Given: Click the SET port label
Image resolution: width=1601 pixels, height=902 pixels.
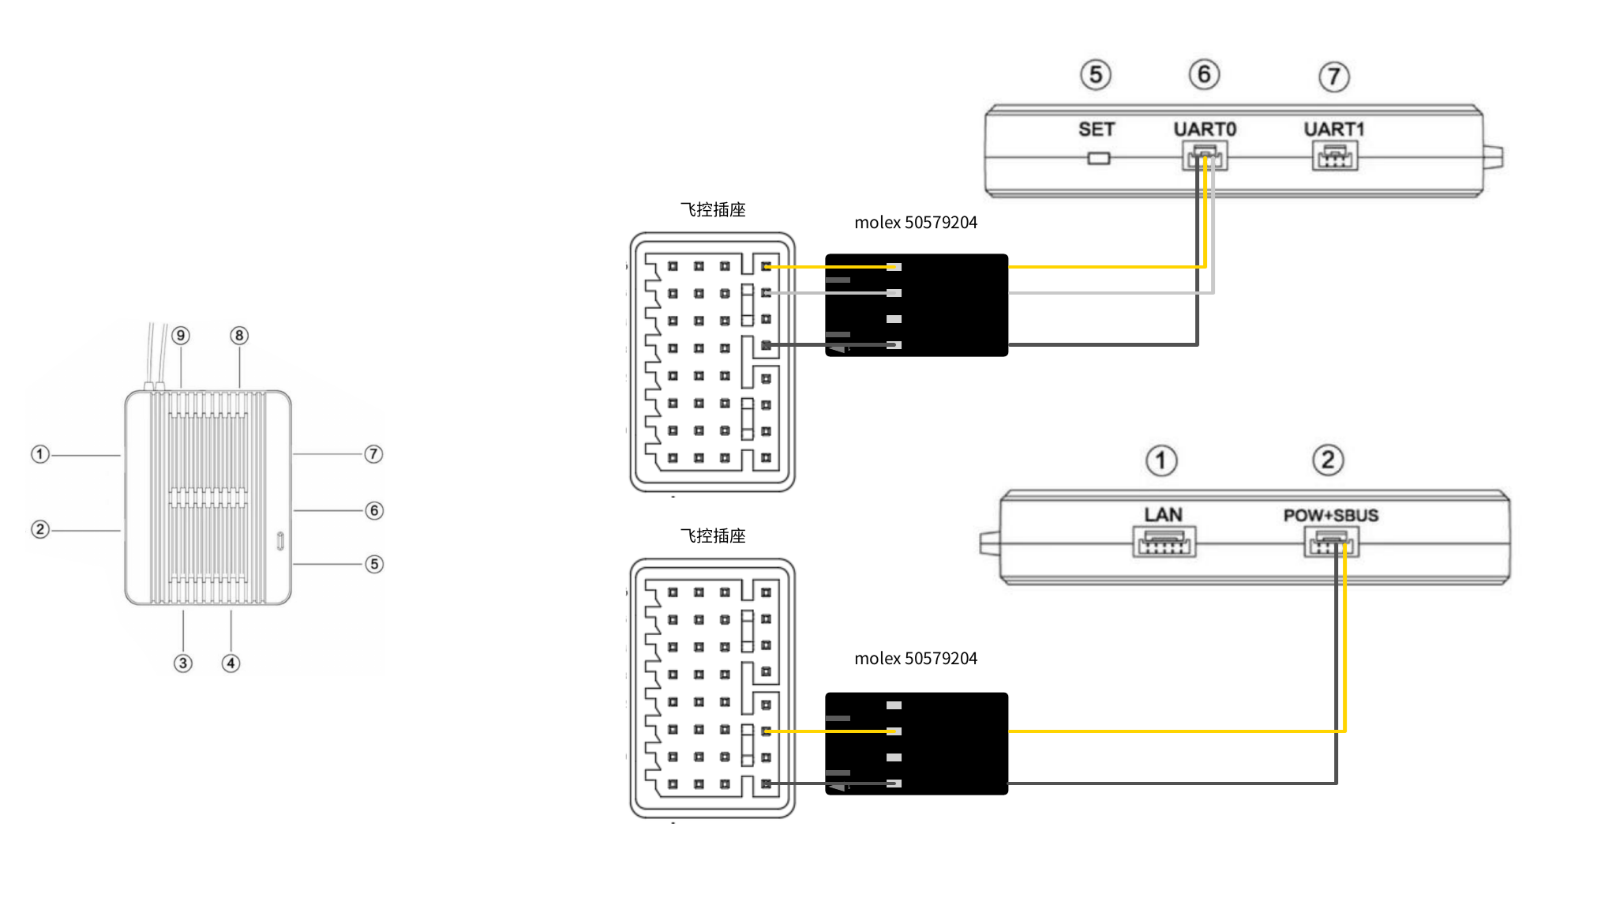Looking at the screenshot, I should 1097,130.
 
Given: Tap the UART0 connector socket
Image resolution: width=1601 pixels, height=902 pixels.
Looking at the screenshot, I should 1205,156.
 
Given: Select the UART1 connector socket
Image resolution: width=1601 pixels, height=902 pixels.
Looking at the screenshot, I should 1334,156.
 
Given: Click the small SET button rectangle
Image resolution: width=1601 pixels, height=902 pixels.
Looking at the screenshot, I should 1098,159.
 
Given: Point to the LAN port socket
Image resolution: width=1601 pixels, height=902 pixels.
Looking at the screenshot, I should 1164,543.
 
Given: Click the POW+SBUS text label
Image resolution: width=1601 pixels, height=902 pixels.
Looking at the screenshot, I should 1331,516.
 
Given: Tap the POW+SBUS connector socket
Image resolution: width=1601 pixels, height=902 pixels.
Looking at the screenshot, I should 1331,543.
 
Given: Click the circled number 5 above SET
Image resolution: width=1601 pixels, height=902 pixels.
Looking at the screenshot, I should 1096,75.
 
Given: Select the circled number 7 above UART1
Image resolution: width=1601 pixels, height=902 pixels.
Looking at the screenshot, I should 1334,77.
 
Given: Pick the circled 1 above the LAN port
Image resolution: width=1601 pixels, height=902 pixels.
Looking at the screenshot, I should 1161,460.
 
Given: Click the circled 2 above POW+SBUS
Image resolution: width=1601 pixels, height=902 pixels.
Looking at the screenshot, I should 1328,460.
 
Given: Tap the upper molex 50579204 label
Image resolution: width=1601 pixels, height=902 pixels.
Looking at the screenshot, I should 916,223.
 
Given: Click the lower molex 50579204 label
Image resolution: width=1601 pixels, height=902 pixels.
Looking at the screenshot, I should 916,659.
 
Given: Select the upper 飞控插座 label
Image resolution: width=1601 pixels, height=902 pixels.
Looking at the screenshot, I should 713,210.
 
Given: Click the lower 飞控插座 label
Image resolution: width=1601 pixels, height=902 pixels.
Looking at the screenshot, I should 713,536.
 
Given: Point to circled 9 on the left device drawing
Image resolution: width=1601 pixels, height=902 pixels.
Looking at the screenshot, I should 181,336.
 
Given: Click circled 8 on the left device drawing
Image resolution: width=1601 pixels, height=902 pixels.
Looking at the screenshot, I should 239,336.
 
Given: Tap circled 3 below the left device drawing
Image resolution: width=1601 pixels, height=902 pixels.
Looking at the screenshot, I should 183,663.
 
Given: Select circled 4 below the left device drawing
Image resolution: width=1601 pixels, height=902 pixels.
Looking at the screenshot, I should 231,663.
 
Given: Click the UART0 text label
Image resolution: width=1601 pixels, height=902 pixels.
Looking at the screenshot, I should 1205,130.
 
